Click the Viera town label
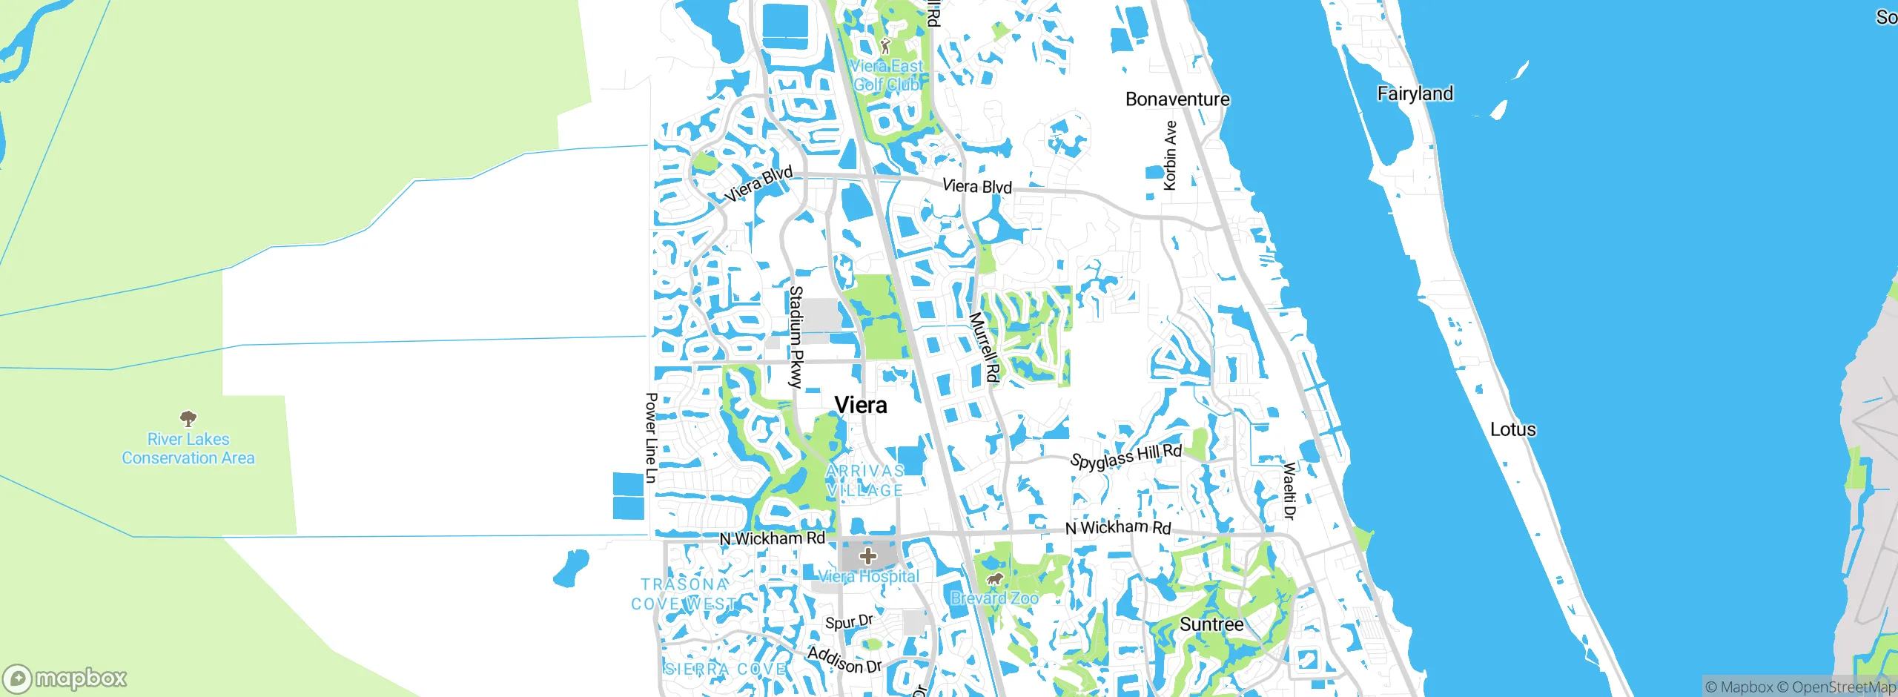coord(860,405)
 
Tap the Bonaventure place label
coord(1177,99)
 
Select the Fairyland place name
coord(1415,93)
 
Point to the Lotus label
coord(1512,429)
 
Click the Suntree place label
coord(1211,624)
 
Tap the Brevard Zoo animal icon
coord(994,579)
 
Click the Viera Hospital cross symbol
coord(867,555)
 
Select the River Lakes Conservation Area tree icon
coord(188,418)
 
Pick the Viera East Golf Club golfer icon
coord(884,46)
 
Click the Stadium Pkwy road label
coord(796,337)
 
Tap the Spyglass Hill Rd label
coord(1125,457)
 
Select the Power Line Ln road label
coord(651,437)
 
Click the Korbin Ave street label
coord(1170,155)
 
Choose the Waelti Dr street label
coord(1290,490)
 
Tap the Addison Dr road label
coord(844,659)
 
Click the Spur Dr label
coord(849,621)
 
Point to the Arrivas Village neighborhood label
coord(865,480)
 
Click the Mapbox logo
coord(65,678)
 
